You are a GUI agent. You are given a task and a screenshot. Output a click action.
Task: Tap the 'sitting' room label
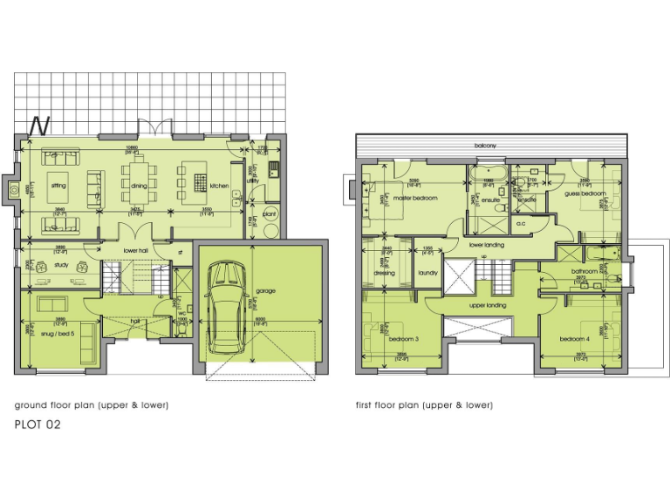58,186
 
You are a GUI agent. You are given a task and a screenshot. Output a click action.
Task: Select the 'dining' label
140,186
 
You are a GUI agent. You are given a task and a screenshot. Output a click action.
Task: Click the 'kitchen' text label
218,186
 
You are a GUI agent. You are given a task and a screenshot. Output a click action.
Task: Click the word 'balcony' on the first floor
486,146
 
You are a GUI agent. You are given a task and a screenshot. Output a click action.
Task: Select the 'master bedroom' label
414,198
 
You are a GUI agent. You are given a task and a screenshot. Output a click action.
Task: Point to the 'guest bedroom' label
584,193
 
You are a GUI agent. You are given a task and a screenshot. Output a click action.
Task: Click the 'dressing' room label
385,273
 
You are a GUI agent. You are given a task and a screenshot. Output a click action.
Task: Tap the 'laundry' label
427,273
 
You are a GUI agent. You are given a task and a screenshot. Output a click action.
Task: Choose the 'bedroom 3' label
404,338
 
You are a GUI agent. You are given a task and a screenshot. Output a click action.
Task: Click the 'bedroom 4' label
575,338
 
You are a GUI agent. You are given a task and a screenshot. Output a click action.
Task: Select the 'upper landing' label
488,306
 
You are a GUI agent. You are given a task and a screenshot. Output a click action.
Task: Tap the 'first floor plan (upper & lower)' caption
424,405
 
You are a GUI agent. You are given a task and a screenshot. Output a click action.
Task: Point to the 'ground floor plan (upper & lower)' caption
91,405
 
